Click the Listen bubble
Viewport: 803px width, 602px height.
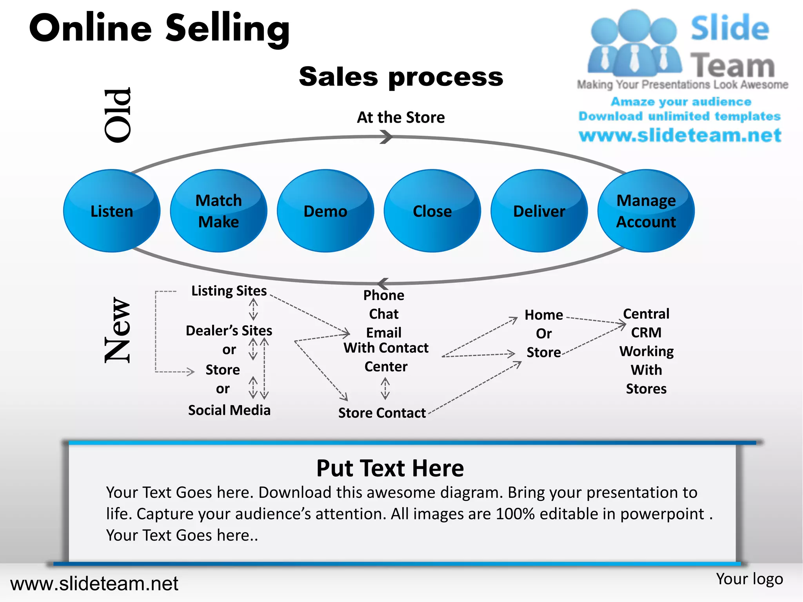112,211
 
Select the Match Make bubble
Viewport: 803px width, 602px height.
219,211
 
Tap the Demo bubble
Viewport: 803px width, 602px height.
325,211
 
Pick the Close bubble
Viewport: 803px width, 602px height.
432,211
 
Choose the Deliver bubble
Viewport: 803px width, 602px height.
539,211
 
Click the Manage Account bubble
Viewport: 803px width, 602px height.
646,211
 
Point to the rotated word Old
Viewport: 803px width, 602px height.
117,115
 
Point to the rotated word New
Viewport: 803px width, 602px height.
117,330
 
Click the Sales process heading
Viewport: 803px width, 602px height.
401,76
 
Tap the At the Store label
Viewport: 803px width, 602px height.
401,117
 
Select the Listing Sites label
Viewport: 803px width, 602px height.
229,291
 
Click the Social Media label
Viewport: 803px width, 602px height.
229,410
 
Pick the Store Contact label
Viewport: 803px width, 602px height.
382,413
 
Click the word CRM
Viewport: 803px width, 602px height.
646,332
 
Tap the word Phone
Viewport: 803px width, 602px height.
383,295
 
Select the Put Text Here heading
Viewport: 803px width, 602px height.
390,468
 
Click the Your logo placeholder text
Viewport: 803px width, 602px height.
749,579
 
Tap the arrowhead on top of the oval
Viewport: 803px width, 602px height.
387,137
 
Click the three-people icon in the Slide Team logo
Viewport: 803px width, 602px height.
634,43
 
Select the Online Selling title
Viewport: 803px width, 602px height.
159,28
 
